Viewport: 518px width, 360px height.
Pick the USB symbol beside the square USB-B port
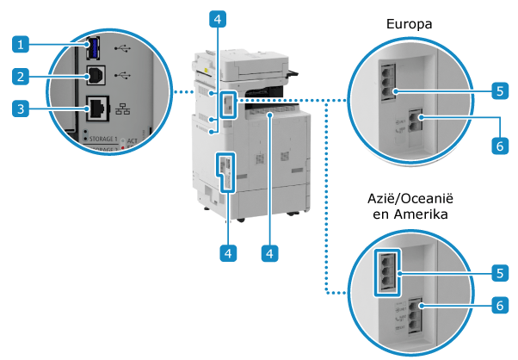click(x=121, y=74)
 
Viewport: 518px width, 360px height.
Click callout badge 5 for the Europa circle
click(x=499, y=89)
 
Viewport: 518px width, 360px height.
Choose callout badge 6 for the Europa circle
click(x=499, y=146)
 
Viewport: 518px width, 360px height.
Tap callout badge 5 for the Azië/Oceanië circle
click(x=499, y=272)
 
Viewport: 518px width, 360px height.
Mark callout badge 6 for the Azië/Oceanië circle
click(x=499, y=304)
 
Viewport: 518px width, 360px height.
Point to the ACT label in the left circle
click(x=134, y=140)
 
